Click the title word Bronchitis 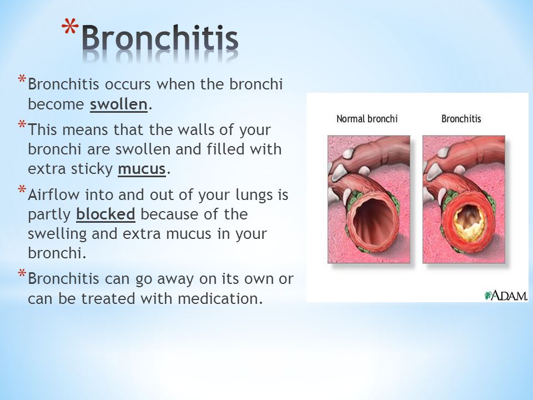coord(160,37)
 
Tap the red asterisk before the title coord(70,27)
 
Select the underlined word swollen coord(119,104)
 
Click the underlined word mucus coord(142,169)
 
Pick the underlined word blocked coord(105,214)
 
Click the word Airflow coord(54,194)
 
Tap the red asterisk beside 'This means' coord(22,124)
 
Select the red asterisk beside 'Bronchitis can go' coord(22,273)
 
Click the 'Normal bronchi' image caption coord(367,119)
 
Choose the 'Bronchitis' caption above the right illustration coord(461,119)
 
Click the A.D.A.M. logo coord(506,295)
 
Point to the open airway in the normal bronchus coord(373,221)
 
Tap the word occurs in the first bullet coord(128,84)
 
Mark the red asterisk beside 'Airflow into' coord(22,189)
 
